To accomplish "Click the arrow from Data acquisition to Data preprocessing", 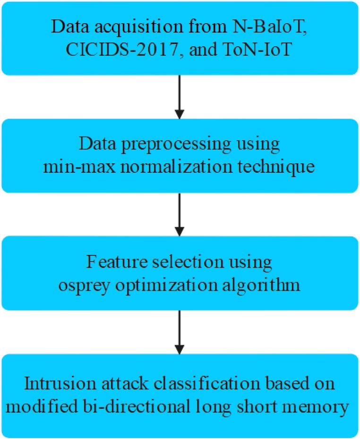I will [179, 96].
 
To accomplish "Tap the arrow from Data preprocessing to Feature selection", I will [179, 215].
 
